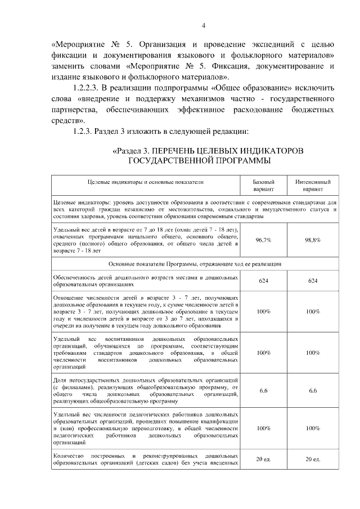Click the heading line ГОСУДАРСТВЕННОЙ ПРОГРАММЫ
199,161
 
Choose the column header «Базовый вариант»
263,186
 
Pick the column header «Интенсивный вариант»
313,186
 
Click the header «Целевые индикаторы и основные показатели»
145,182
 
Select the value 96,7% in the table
263,240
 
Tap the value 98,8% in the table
313,240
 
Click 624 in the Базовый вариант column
263,281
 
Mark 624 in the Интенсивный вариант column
313,281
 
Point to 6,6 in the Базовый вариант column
263,390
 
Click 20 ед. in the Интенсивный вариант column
313,460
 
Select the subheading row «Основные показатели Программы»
195,263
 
